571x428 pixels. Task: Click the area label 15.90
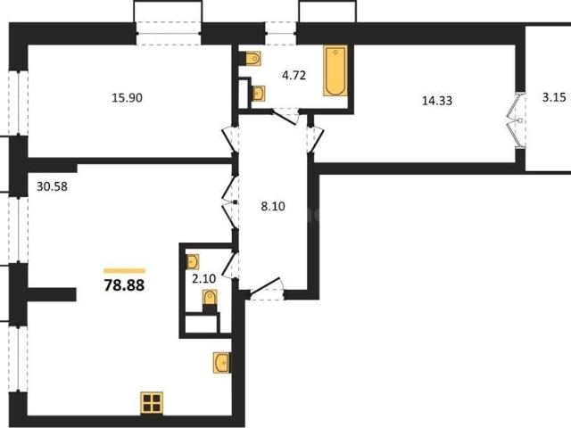click(x=127, y=98)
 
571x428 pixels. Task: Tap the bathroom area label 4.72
click(x=294, y=76)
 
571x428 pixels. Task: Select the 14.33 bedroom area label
click(x=437, y=101)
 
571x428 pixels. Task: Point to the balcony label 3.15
click(x=554, y=97)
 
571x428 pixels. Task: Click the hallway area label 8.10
click(x=273, y=207)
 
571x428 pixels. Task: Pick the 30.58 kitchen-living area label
click(x=52, y=186)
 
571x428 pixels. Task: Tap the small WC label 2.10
click(x=204, y=279)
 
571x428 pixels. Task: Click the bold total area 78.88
click(x=124, y=285)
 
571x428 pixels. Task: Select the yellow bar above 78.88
click(x=124, y=270)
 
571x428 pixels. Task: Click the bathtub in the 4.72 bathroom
click(x=335, y=70)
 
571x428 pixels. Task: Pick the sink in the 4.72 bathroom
click(x=259, y=94)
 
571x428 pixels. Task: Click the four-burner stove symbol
click(x=152, y=403)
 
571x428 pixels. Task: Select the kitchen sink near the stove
click(x=222, y=363)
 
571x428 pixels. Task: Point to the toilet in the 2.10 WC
click(x=210, y=299)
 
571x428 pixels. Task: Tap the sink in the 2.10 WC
click(x=193, y=261)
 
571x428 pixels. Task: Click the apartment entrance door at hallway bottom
click(x=266, y=289)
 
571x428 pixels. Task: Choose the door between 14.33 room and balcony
click(x=517, y=119)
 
